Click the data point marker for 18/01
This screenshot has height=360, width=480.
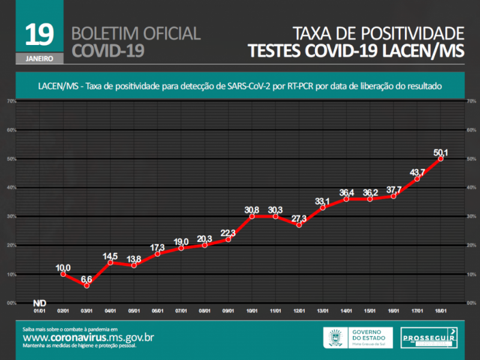pyautogui.click(x=440, y=158)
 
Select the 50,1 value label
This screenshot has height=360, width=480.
pyautogui.click(x=442, y=152)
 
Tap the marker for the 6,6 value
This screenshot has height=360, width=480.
pyautogui.click(x=86, y=286)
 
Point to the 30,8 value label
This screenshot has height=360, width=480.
pyautogui.click(x=252, y=209)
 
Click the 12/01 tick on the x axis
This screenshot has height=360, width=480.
pyautogui.click(x=299, y=311)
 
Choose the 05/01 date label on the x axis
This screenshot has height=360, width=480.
pyautogui.click(x=134, y=311)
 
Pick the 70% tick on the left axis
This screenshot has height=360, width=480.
pyautogui.click(x=11, y=101)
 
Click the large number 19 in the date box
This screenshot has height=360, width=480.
pyautogui.click(x=40, y=35)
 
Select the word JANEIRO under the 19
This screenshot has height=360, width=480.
pyautogui.click(x=40, y=59)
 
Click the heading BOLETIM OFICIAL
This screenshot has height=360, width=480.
pyautogui.click(x=136, y=33)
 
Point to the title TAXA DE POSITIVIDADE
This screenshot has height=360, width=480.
pyautogui.click(x=379, y=33)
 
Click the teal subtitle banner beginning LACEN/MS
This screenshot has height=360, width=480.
pyautogui.click(x=240, y=86)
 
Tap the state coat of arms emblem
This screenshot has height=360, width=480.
pyautogui.click(x=334, y=337)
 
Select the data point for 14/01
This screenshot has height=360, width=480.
pyautogui.click(x=346, y=199)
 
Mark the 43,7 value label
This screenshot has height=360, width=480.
pyautogui.click(x=417, y=173)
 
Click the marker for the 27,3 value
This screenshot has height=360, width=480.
pyautogui.click(x=299, y=224)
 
